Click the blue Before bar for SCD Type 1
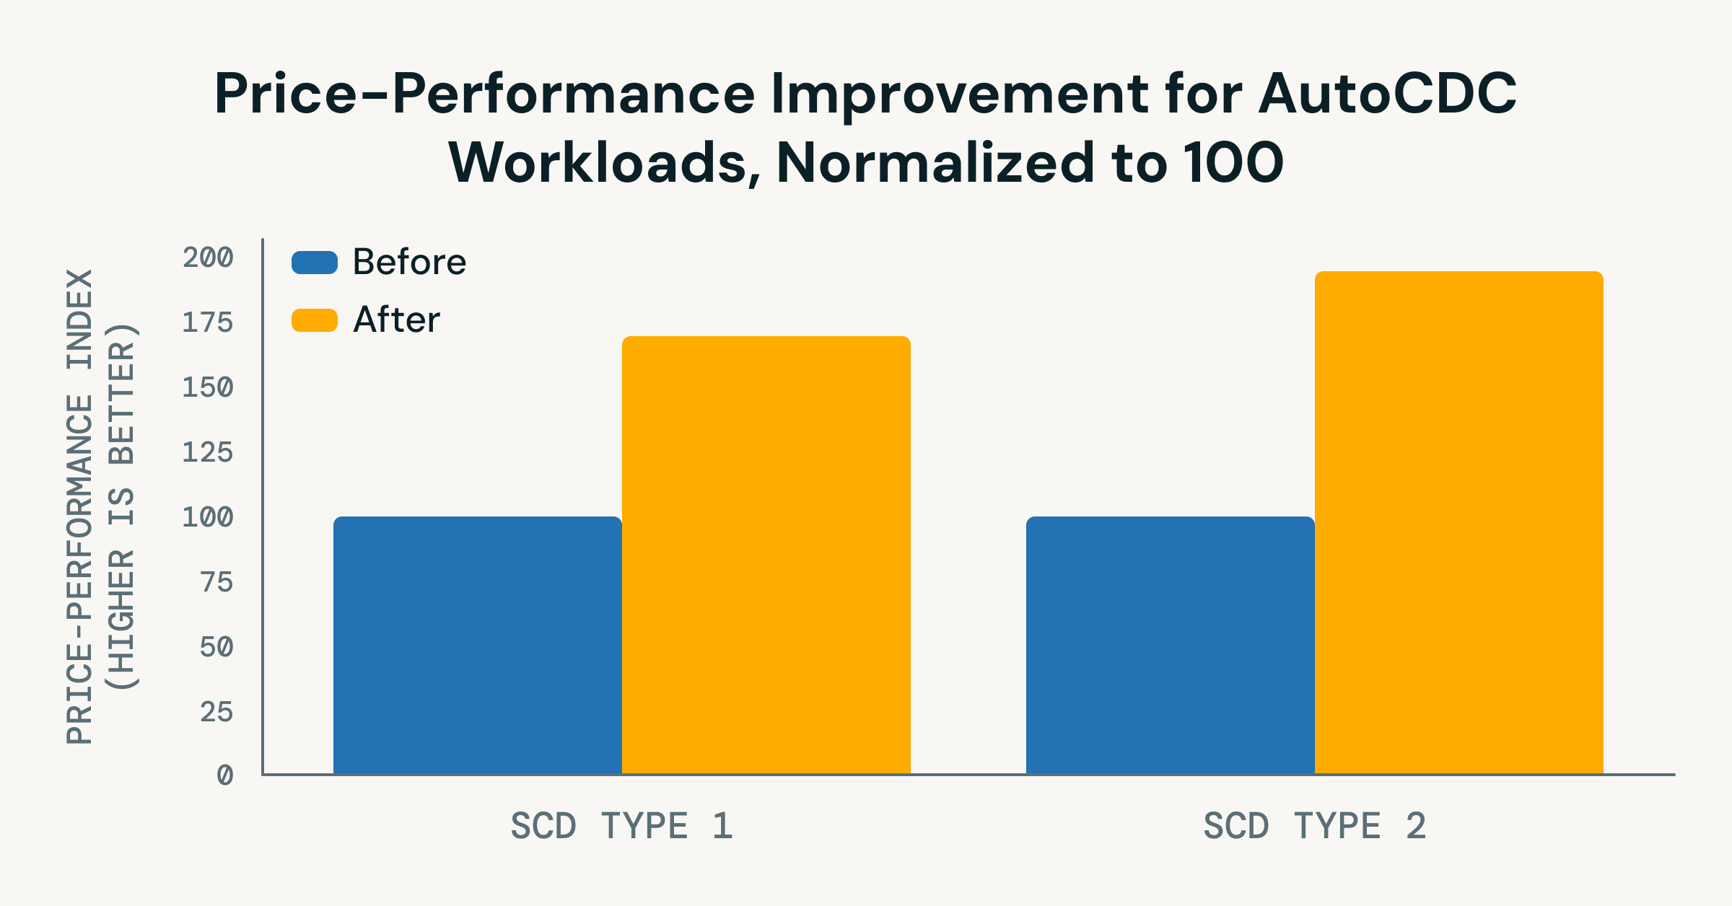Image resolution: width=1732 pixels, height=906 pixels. pyautogui.click(x=477, y=645)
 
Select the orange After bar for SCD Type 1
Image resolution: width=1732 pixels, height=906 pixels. pyautogui.click(x=766, y=555)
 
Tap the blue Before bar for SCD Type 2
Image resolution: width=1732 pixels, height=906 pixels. pyautogui.click(x=1170, y=645)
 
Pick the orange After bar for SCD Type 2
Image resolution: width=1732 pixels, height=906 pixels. pyautogui.click(x=1458, y=522)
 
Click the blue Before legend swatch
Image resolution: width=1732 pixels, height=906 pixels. pyautogui.click(x=315, y=263)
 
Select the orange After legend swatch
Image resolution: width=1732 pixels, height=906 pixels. pyautogui.click(x=315, y=320)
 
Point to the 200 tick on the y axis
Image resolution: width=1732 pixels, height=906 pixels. pyautogui.click(x=208, y=258)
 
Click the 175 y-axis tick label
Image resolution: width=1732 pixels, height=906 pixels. pyautogui.click(x=208, y=322)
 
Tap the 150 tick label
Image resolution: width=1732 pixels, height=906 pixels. pyautogui.click(x=208, y=387)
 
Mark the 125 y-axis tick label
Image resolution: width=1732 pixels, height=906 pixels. pyautogui.click(x=208, y=452)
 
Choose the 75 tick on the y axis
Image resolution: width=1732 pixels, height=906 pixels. pyautogui.click(x=216, y=581)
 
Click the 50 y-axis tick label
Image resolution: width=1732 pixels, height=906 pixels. pyautogui.click(x=216, y=646)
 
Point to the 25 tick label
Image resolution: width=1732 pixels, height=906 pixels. pyautogui.click(x=216, y=711)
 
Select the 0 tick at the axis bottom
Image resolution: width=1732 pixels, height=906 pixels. pyautogui.click(x=225, y=775)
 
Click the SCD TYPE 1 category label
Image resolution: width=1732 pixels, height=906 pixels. pyautogui.click(x=621, y=826)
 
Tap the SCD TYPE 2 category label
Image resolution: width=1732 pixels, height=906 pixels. pyautogui.click(x=1314, y=826)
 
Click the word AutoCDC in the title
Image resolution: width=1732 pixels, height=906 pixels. pyautogui.click(x=1387, y=94)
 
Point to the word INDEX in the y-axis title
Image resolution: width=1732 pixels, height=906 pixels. pyautogui.click(x=79, y=319)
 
